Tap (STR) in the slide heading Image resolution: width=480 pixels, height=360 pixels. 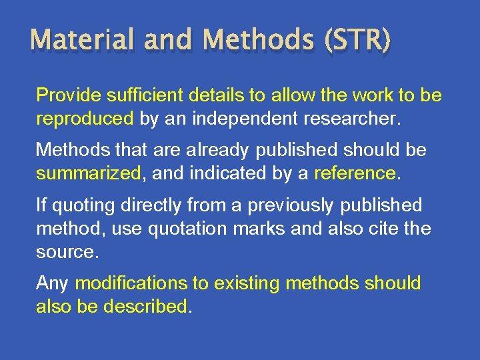point(356,41)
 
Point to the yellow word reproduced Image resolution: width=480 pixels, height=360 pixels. point(85,119)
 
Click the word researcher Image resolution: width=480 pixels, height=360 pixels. point(353,119)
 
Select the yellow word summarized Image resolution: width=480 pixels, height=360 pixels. point(89,174)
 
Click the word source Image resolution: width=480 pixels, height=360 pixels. point(65,253)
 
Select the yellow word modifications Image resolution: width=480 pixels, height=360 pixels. point(131,284)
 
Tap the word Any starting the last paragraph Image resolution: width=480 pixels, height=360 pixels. point(52,284)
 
